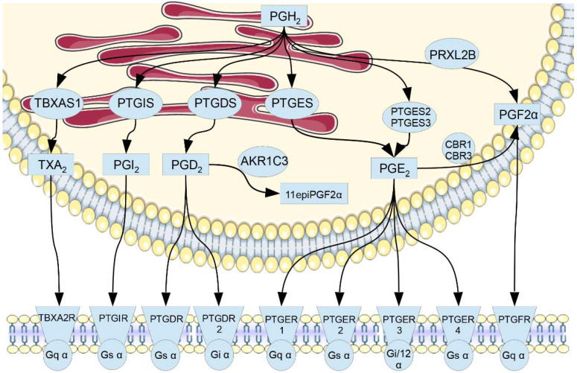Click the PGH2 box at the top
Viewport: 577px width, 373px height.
pos(285,13)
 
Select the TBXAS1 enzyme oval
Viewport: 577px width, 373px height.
pos(57,102)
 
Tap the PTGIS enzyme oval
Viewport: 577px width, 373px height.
pos(136,102)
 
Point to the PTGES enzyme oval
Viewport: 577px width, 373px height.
pos(291,102)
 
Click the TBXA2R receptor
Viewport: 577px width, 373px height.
pos(57,319)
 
